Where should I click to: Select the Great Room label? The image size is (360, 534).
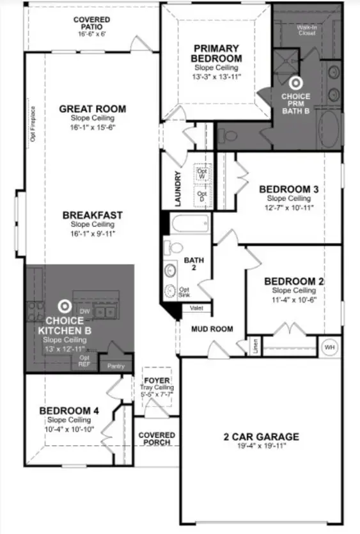click(x=92, y=109)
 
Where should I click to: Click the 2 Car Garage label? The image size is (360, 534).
click(x=261, y=437)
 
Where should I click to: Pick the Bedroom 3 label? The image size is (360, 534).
click(x=289, y=189)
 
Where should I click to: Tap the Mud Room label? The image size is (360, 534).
click(x=212, y=329)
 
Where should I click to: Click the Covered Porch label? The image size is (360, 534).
click(x=156, y=439)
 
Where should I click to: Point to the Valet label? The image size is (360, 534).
click(x=196, y=308)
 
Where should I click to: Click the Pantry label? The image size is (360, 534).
click(x=116, y=366)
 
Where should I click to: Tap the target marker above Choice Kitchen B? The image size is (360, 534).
click(x=64, y=306)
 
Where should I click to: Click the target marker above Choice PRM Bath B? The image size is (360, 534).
click(x=295, y=82)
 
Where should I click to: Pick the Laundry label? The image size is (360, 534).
click(x=178, y=188)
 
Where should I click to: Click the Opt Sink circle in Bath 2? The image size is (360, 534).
click(x=171, y=291)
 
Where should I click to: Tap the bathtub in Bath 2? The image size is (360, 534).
click(x=190, y=225)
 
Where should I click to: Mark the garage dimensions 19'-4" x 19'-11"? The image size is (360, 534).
click(x=261, y=446)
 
